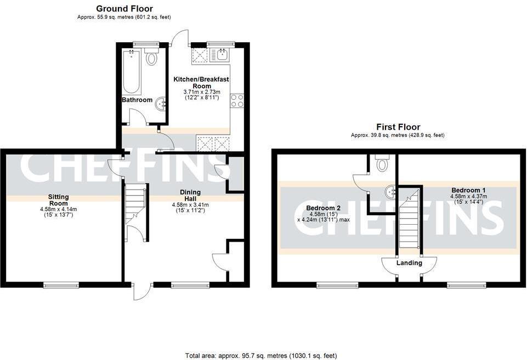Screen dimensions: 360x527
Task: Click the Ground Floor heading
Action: pos(124,9)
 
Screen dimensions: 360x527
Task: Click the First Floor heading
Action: pos(398,127)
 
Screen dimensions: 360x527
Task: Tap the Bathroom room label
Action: pos(137,100)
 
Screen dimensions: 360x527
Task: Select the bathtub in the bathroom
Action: pos(132,72)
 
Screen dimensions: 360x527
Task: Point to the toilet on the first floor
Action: pos(383,163)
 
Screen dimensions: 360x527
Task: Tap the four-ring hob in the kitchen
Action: pos(237,101)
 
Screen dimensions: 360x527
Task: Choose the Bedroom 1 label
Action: pos(468,190)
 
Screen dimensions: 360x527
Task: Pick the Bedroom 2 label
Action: pos(324,208)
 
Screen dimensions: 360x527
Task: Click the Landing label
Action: pos(409,263)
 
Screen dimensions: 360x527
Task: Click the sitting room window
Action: pos(61,284)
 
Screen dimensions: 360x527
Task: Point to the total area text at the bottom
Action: pos(261,356)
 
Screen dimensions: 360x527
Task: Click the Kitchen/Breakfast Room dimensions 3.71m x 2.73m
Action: pos(201,92)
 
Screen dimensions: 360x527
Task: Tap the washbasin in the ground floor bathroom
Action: pos(162,102)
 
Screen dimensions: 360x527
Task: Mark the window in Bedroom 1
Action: pos(466,284)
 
